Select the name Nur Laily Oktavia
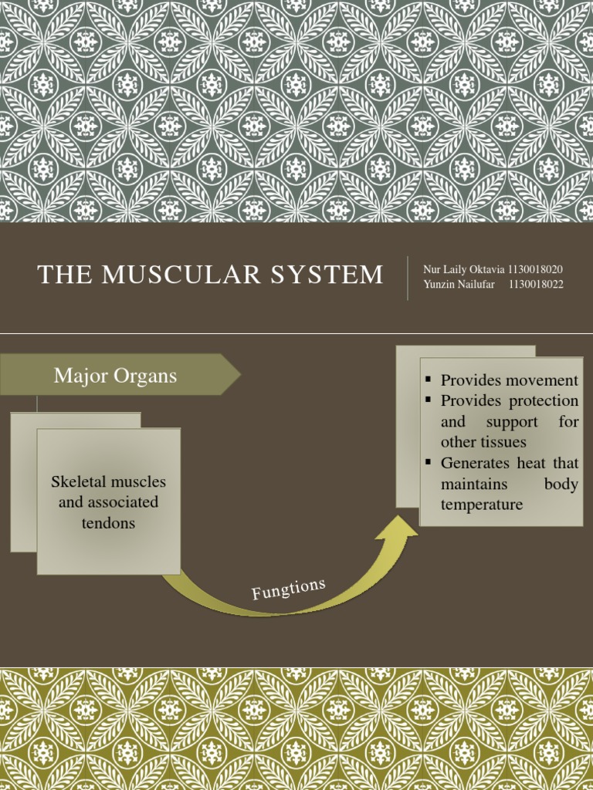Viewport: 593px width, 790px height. (x=463, y=269)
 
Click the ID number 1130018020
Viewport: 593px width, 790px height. (x=535, y=269)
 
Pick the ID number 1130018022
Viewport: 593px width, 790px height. (x=536, y=284)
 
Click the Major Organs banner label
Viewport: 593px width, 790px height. (x=115, y=376)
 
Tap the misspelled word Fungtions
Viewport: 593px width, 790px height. (x=288, y=589)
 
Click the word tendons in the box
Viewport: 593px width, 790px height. (x=108, y=523)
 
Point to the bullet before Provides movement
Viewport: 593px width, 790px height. (x=427, y=380)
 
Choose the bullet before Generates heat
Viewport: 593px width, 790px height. (x=427, y=463)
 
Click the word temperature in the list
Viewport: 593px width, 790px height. (x=481, y=505)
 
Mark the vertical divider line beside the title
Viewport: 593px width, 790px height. (x=408, y=278)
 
